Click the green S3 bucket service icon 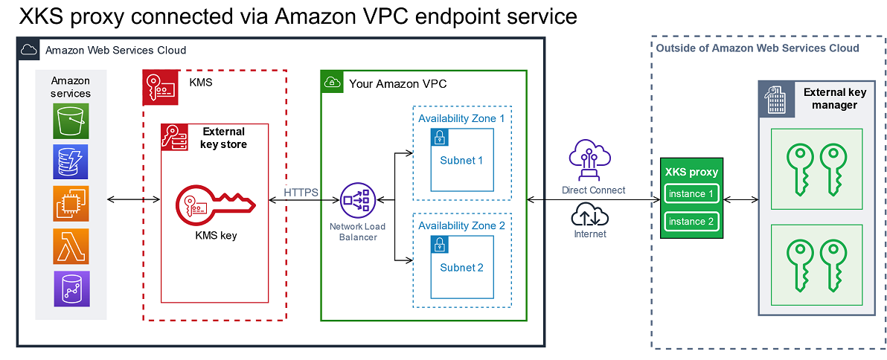tap(71, 121)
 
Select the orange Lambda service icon tap(71, 246)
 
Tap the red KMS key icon tap(214, 203)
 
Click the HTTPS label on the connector tap(301, 193)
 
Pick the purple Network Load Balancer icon tap(355, 199)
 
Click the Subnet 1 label tap(461, 161)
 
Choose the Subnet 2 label tap(461, 267)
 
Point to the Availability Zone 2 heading tap(461, 225)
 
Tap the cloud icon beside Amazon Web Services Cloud tap(30, 50)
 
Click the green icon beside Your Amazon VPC tap(332, 83)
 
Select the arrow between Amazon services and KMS tap(134, 199)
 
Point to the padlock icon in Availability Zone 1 tap(440, 138)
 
